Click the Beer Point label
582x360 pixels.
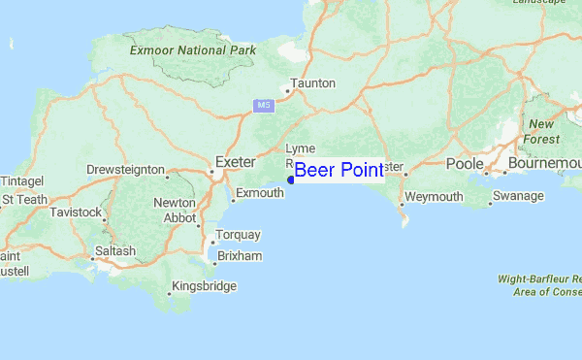[x=339, y=171]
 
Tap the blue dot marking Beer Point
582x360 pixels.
[x=291, y=180]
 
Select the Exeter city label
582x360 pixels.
[x=234, y=161]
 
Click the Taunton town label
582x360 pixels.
[x=312, y=83]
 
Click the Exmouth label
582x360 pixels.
[x=260, y=193]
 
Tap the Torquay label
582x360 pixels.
[x=239, y=235]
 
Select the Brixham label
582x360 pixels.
[x=241, y=255]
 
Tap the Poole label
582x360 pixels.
[x=464, y=164]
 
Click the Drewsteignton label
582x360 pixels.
[x=125, y=170]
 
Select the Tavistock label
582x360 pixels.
[x=77, y=212]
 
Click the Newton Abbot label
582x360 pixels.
[x=175, y=211]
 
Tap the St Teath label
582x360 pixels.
[x=24, y=199]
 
